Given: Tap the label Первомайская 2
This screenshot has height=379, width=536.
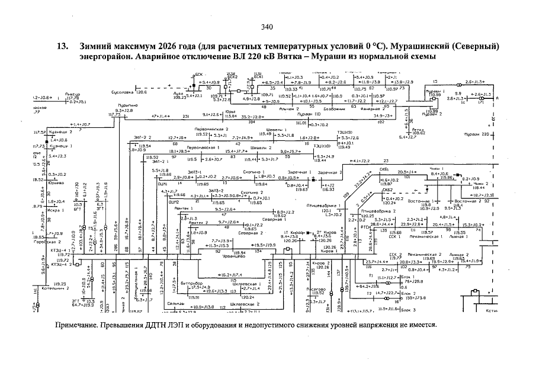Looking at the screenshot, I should tap(212, 129).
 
